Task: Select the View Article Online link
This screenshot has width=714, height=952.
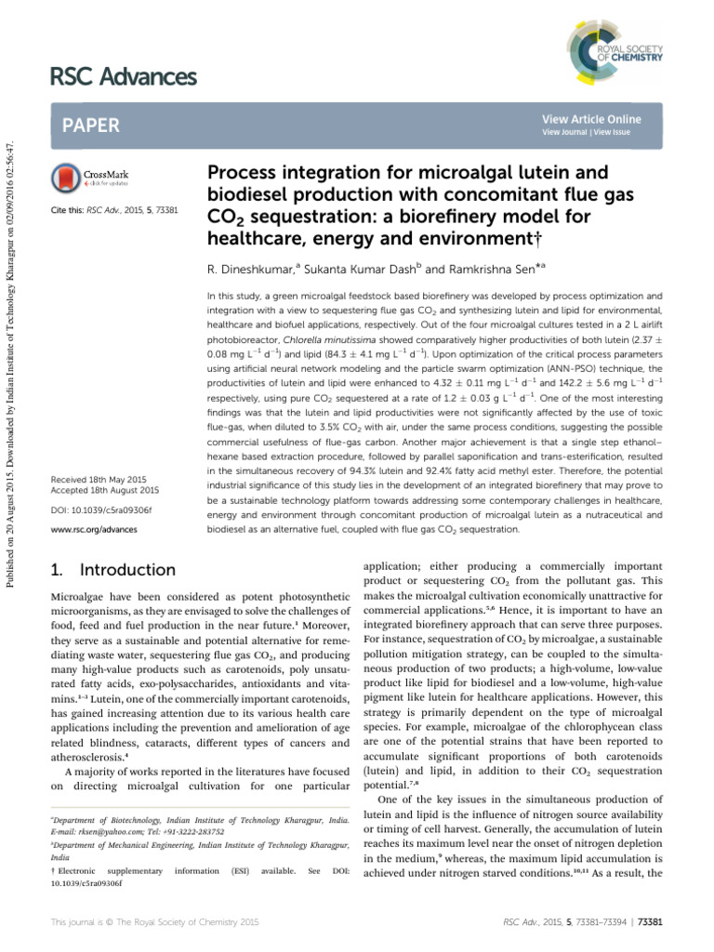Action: coord(590,119)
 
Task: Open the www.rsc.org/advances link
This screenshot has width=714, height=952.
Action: coord(94,529)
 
